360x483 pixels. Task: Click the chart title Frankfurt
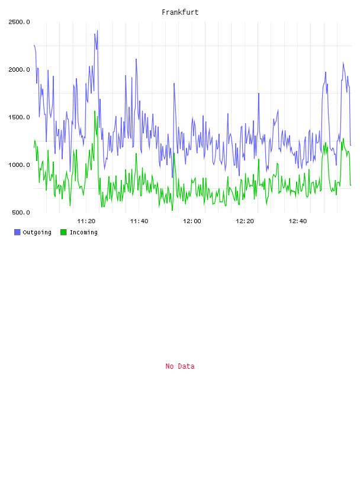pyautogui.click(x=180, y=12)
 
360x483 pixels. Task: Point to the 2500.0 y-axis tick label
pyautogui.click(x=19, y=22)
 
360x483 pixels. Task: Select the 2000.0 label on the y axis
pyautogui.click(x=19, y=70)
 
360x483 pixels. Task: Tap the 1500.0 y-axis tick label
pyautogui.click(x=19, y=117)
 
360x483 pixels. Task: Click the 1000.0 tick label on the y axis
pyautogui.click(x=19, y=165)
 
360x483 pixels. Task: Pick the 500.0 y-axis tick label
pyautogui.click(x=21, y=212)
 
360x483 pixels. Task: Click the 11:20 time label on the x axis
pyautogui.click(x=86, y=221)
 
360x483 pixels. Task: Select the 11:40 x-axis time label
pyautogui.click(x=139, y=221)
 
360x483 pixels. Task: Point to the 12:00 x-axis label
pyautogui.click(x=192, y=221)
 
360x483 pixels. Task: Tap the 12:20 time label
pyautogui.click(x=245, y=221)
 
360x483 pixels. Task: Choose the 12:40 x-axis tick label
pyautogui.click(x=298, y=221)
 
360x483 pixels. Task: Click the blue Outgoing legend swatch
pyautogui.click(x=17, y=232)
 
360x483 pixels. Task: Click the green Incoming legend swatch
pyautogui.click(x=63, y=232)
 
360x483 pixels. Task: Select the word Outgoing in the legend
pyautogui.click(x=37, y=233)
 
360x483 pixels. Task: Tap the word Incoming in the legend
pyautogui.click(x=83, y=233)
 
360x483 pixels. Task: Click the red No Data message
pyautogui.click(x=180, y=366)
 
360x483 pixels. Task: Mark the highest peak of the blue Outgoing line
pyautogui.click(x=97, y=31)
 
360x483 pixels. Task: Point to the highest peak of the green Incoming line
pyautogui.click(x=95, y=111)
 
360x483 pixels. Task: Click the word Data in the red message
pyautogui.click(x=187, y=366)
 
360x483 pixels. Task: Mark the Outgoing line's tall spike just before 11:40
pyautogui.click(x=136, y=59)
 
